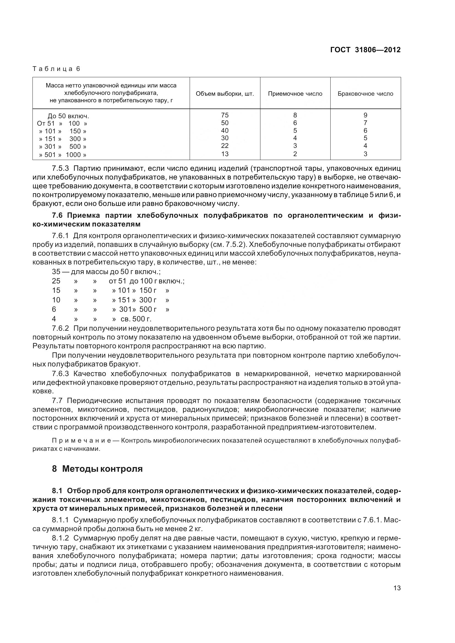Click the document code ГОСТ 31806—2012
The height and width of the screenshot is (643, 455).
[365, 50]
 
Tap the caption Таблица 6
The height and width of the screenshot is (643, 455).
[56, 69]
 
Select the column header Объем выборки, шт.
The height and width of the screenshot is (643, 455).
[225, 94]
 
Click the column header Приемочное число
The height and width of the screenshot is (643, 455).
[295, 94]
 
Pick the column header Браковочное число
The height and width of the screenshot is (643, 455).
[365, 94]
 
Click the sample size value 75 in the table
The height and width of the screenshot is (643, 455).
[225, 115]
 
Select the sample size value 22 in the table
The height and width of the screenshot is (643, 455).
[225, 146]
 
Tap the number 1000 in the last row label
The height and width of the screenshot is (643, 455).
[73, 155]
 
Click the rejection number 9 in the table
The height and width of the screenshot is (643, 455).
[365, 115]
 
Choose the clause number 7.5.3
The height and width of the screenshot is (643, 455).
[60, 169]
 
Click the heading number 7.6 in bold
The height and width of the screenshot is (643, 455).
[58, 215]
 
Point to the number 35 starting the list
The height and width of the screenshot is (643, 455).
[56, 272]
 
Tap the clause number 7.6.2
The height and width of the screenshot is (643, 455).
[60, 328]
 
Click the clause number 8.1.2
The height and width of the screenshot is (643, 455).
[60, 538]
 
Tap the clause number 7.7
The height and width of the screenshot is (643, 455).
[57, 401]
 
